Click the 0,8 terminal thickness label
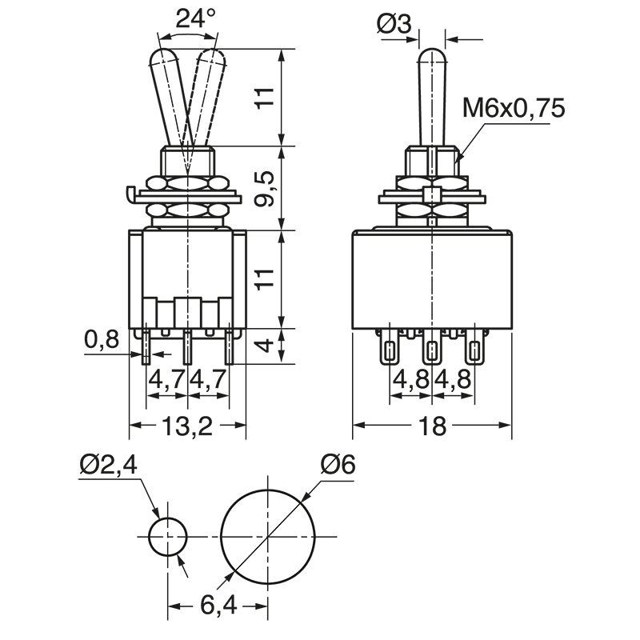coord(102,341)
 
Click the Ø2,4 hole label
coord(109,464)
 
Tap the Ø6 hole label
coord(337,464)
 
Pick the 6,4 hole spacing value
coord(218,606)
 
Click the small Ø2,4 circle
coord(168,536)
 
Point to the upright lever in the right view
coord(432,96)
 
